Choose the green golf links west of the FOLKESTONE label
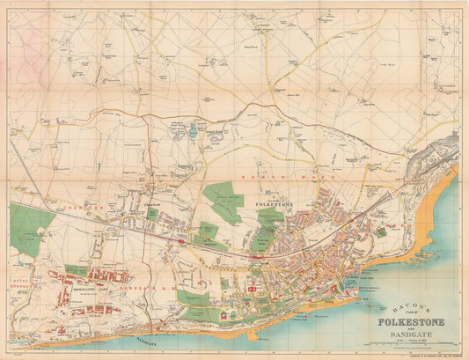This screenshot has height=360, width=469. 224,201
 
